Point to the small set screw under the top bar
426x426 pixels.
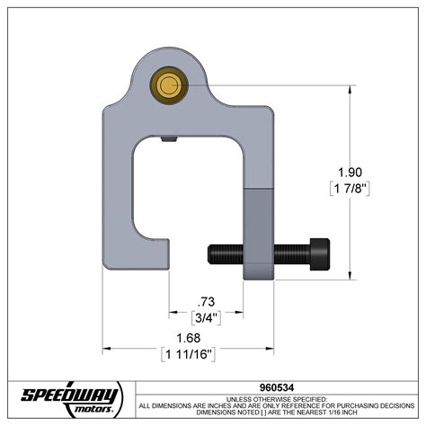pyautogui.click(x=168, y=139)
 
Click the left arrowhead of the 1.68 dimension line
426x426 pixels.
pyautogui.click(x=106, y=347)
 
